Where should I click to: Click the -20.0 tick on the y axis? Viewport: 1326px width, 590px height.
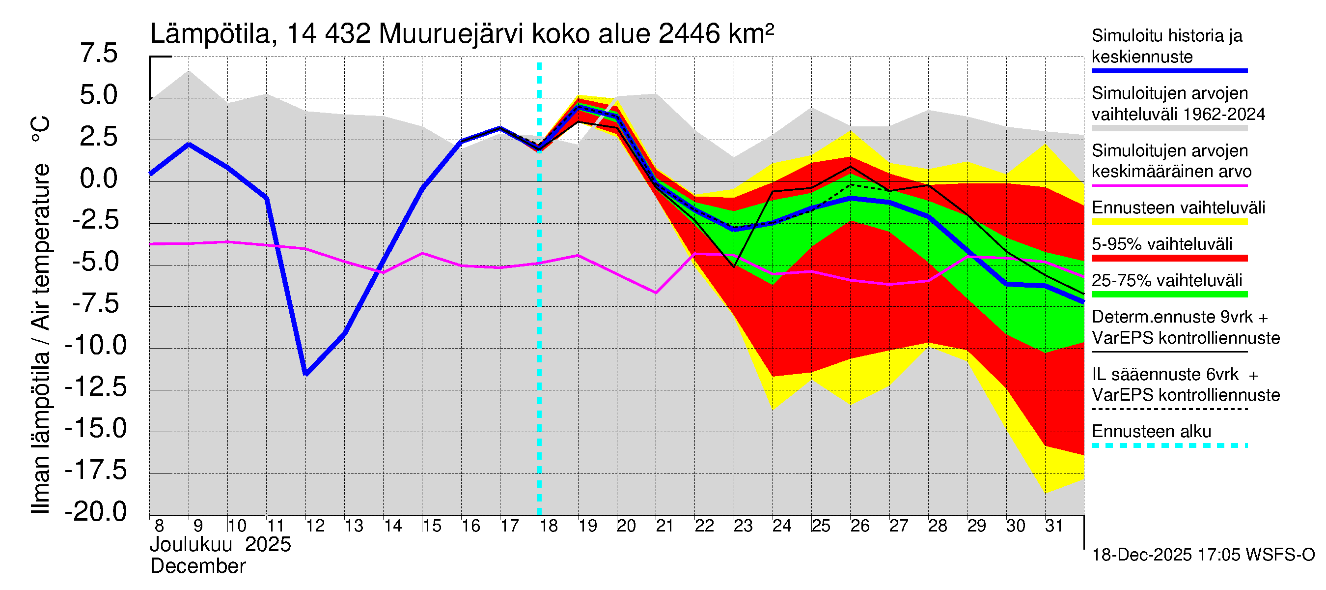click(x=96, y=512)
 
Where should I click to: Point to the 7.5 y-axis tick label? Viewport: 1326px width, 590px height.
click(x=99, y=54)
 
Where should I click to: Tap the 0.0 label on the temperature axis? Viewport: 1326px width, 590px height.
click(x=99, y=179)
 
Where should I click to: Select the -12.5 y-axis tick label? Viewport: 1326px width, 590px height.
click(x=96, y=387)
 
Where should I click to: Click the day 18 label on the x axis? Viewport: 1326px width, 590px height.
click(x=549, y=526)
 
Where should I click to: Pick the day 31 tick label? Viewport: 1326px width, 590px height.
click(x=1054, y=526)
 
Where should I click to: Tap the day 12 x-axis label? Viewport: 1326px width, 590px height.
click(x=315, y=526)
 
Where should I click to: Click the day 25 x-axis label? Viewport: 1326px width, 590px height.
click(x=821, y=526)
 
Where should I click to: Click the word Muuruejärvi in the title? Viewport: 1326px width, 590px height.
click(x=451, y=34)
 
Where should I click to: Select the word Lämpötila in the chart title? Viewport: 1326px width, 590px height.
click(x=210, y=34)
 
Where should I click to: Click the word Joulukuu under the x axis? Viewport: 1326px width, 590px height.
click(x=191, y=545)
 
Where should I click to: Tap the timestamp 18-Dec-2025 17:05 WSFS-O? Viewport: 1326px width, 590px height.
click(x=1203, y=555)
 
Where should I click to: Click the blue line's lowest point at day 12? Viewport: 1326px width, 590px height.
click(x=306, y=374)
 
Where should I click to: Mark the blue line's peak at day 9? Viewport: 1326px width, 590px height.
click(x=189, y=144)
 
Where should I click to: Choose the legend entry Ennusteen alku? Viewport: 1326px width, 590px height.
click(x=1152, y=432)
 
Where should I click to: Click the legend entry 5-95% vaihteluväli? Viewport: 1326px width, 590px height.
click(x=1162, y=244)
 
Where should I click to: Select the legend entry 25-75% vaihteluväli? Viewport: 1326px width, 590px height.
click(x=1166, y=280)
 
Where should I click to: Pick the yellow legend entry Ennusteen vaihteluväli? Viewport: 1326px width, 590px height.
click(x=1178, y=208)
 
